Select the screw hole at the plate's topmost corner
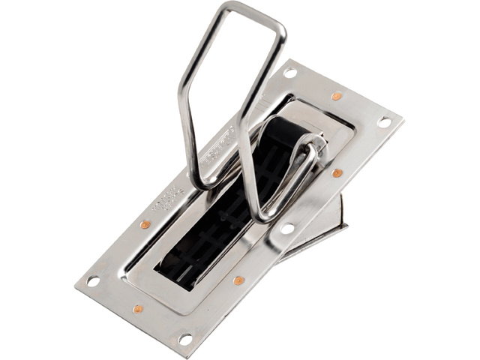pos(290,73)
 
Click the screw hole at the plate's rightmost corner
pos(384,121)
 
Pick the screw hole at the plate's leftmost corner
pos(93,281)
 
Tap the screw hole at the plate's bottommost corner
pos(184,339)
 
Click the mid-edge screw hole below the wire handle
pos(286,228)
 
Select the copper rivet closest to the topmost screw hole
pos(337,96)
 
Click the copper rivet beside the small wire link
pos(337,173)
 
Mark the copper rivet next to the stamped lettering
pos(145,223)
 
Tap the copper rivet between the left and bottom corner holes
pos(138,309)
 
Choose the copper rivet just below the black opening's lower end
pos(238,280)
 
